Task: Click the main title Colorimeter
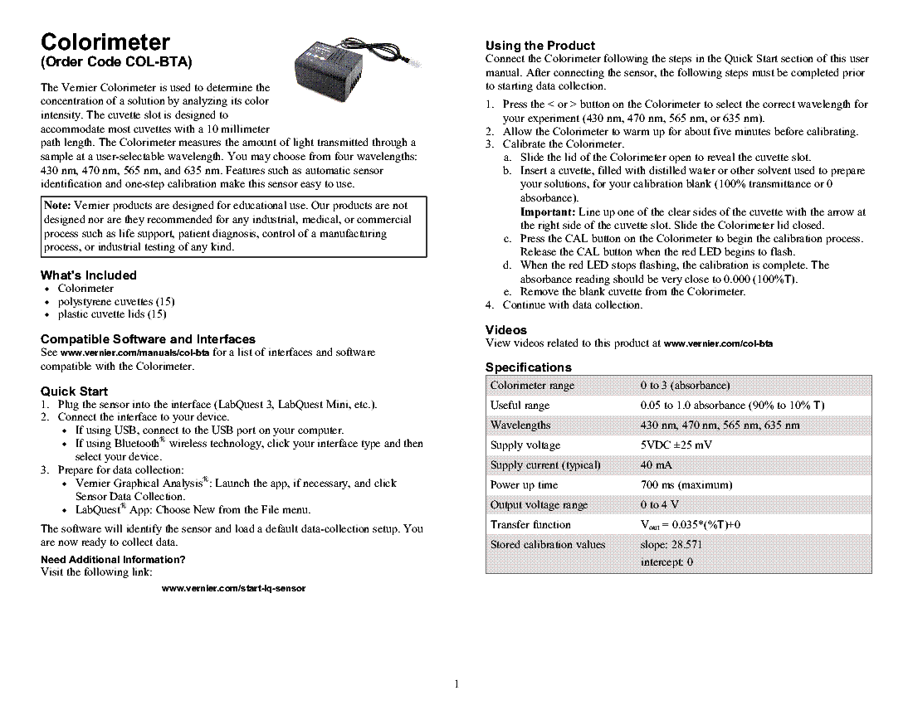click(105, 42)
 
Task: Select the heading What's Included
click(89, 275)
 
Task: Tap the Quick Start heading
click(75, 391)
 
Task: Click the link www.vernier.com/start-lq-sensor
click(234, 588)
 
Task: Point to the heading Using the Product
click(539, 46)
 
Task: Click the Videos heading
click(505, 330)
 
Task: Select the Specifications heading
click(528, 367)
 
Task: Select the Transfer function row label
click(530, 525)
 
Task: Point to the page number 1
click(456, 684)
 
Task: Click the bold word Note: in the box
click(58, 206)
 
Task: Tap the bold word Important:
click(547, 212)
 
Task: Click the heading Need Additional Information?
click(113, 559)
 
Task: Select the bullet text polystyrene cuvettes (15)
click(115, 301)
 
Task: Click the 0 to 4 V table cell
click(659, 505)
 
